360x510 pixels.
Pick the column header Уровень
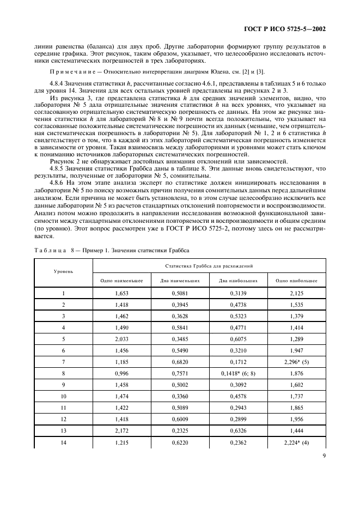pyautogui.click(x=64, y=271)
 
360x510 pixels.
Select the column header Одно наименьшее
pyautogui.click(x=121, y=281)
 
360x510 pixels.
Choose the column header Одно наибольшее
pyautogui.click(x=296, y=281)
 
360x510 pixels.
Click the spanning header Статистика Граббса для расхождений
pyautogui.click(x=209, y=265)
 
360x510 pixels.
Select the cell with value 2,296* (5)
pyautogui.click(x=296, y=361)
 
